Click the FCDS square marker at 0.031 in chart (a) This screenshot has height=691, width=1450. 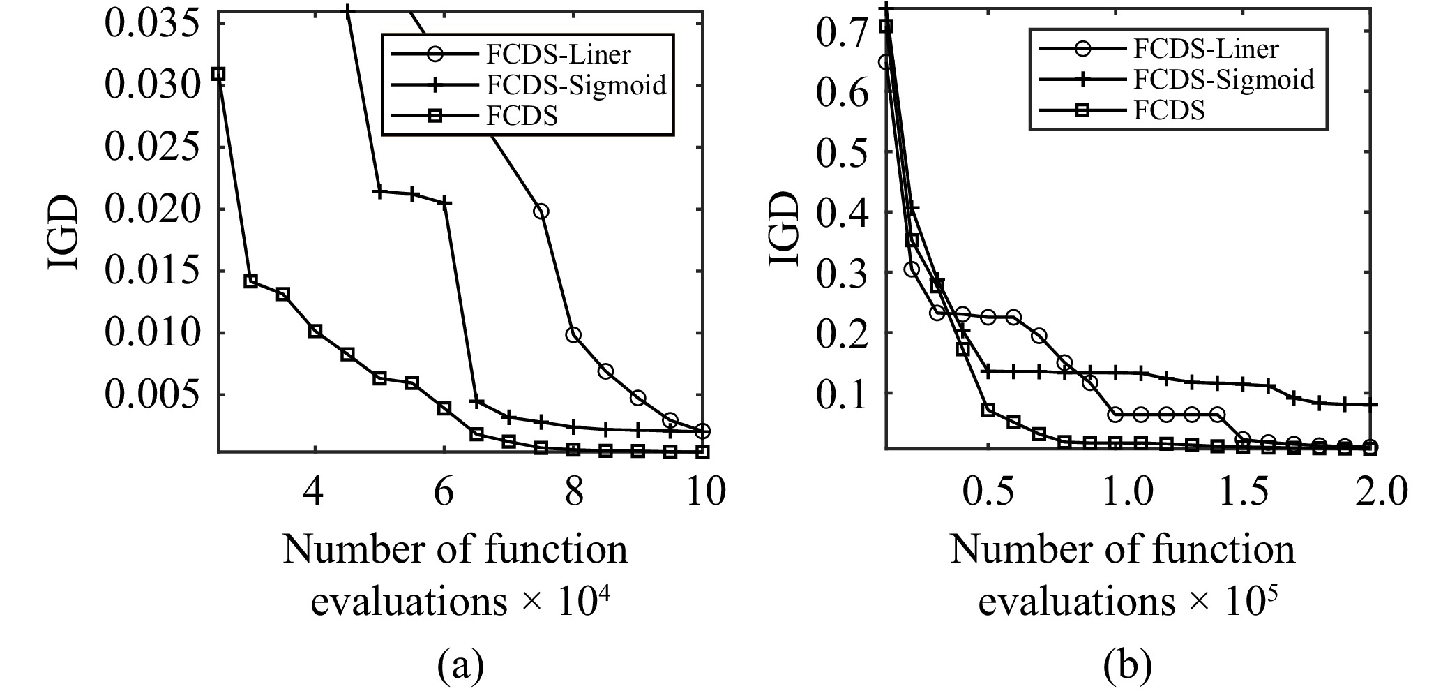[218, 74]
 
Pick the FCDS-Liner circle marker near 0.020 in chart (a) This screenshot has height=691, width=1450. [541, 211]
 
